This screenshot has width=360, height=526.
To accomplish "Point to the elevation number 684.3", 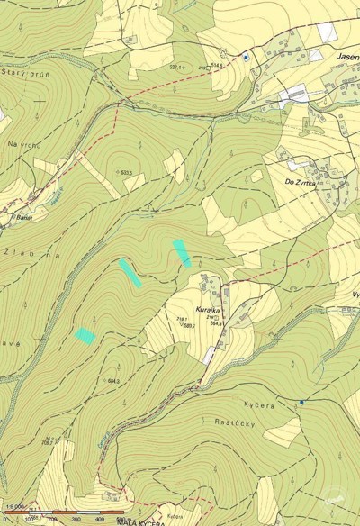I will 113,382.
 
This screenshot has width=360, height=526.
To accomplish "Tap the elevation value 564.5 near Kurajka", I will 214,323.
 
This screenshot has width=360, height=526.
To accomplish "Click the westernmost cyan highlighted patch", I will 85,335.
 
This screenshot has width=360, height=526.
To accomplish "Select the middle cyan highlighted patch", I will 130,272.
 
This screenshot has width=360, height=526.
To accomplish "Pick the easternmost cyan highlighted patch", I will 182,252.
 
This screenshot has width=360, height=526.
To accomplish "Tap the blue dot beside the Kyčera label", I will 302,402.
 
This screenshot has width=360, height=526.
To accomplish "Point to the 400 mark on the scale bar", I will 97,520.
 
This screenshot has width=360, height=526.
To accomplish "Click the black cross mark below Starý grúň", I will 40,101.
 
